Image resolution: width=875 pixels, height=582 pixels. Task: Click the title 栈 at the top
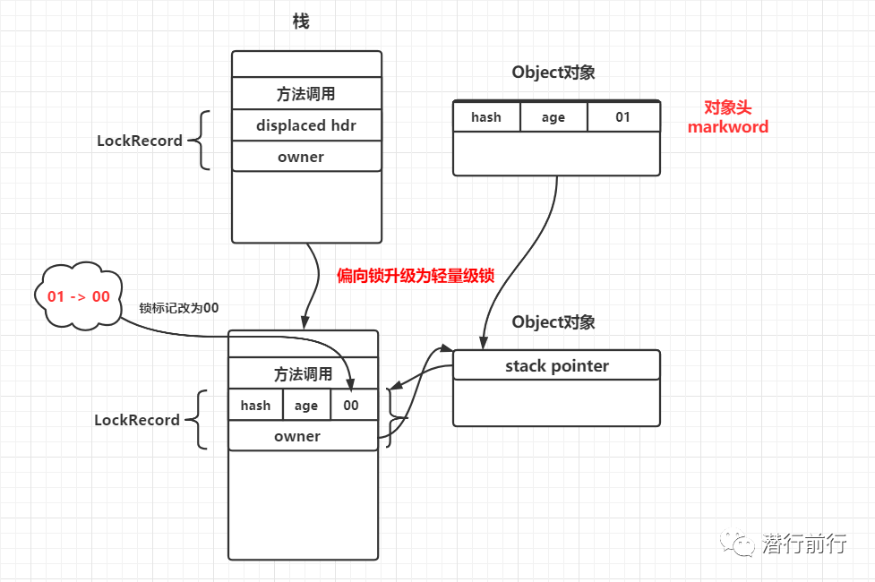coord(301,21)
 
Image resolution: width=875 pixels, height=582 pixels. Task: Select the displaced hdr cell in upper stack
coord(306,125)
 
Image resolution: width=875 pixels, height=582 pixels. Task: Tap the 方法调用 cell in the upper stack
coord(306,94)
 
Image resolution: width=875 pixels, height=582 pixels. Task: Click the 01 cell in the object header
coord(622,117)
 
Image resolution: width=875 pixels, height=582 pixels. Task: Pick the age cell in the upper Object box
coord(553,117)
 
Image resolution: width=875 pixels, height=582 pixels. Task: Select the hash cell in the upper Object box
coord(486,117)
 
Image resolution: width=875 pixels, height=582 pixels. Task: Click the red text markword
coord(728,127)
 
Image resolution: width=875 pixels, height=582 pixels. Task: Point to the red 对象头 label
coord(726,107)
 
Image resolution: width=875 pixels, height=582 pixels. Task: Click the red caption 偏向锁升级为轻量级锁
coord(415,276)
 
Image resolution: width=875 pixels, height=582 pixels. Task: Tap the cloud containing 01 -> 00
coord(78,295)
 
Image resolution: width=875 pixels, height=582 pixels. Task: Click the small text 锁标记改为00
coord(179,307)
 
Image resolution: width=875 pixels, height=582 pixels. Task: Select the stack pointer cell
coord(556,366)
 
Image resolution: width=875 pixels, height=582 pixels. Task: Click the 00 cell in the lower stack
coord(351,406)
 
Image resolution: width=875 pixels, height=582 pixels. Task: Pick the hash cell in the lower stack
coord(255,406)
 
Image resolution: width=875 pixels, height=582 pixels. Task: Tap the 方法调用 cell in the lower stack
coord(303,374)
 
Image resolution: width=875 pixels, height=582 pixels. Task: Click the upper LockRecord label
coord(140,141)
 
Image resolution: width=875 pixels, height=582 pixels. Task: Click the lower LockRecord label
coord(137,420)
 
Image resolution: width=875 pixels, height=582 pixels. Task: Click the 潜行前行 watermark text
coord(803,543)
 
